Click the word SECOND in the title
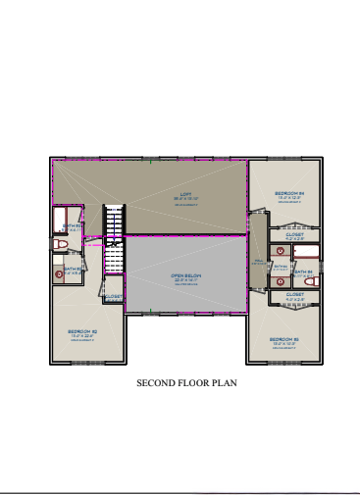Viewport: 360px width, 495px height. (153, 383)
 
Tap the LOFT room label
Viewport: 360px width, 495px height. (184, 193)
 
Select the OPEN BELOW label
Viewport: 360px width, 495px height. (185, 275)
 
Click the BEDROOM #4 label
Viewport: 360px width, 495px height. (289, 193)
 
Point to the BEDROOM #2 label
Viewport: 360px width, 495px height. (82, 332)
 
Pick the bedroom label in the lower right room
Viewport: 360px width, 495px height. (284, 339)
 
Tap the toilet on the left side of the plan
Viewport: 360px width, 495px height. (60, 243)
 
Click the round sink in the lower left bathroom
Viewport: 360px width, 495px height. (59, 275)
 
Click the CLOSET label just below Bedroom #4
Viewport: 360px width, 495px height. (295, 234)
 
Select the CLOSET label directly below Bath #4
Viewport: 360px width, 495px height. (295, 294)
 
